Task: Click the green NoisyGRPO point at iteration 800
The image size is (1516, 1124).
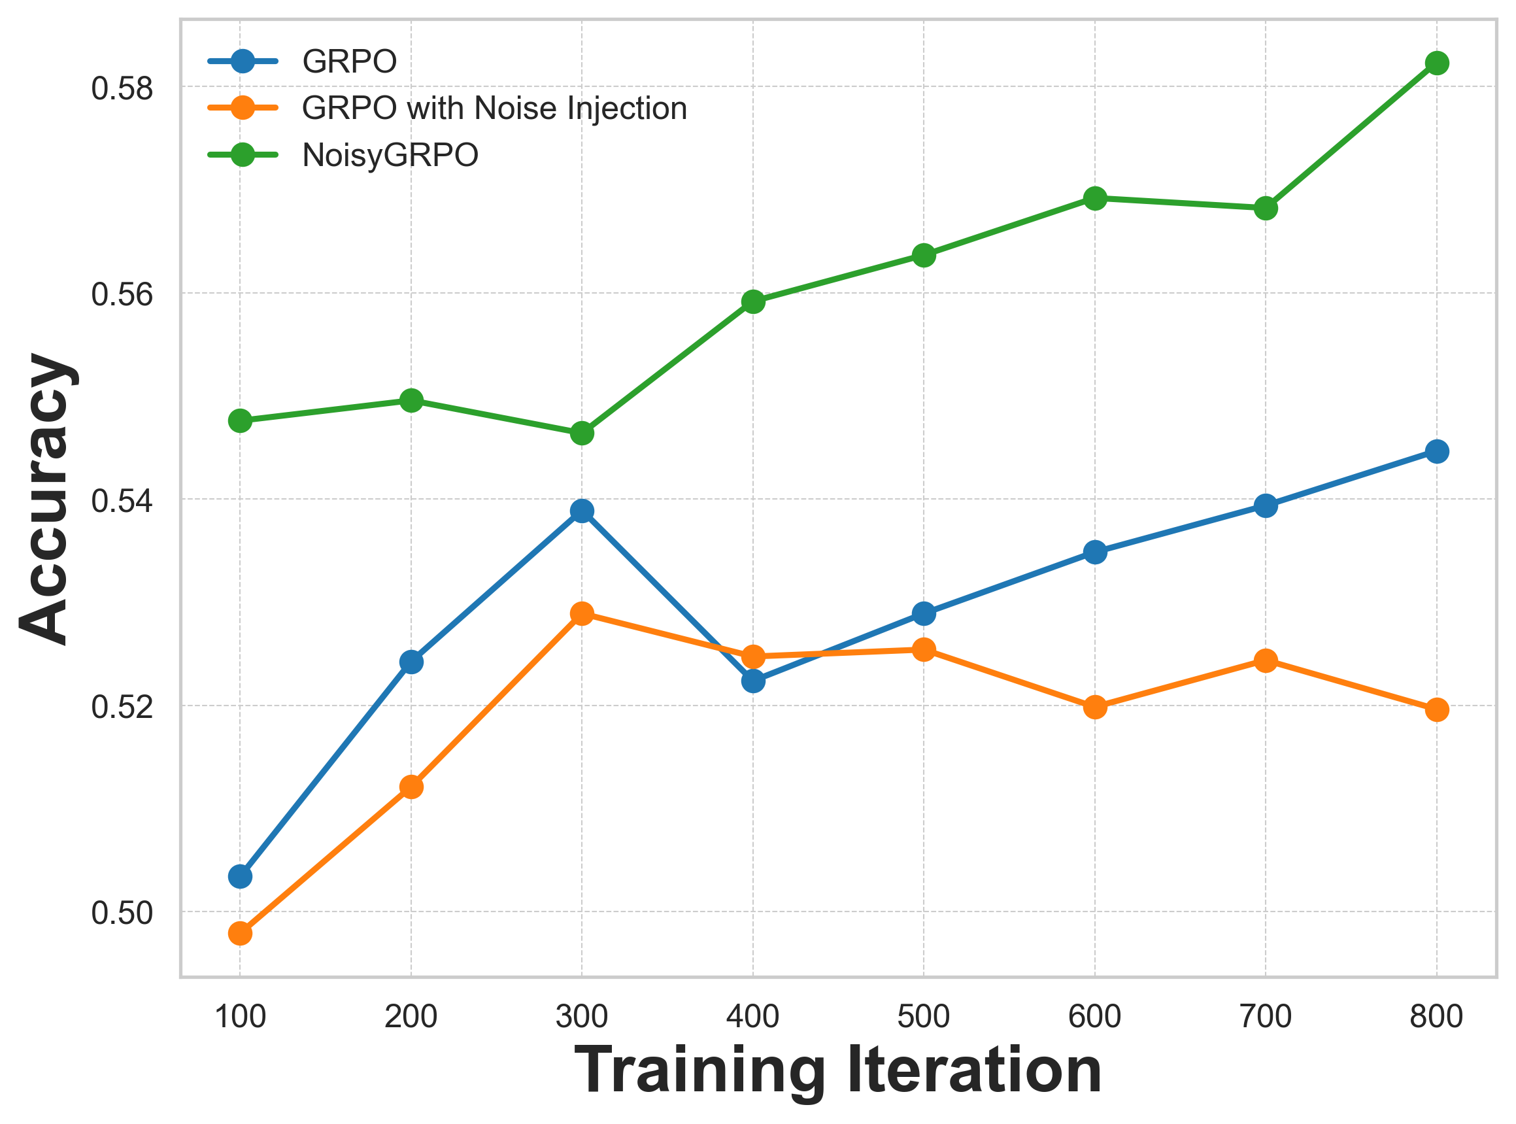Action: [1436, 63]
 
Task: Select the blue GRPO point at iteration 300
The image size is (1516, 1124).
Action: [582, 511]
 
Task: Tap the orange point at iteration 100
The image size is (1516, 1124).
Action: [240, 933]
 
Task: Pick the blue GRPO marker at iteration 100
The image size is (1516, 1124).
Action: [240, 876]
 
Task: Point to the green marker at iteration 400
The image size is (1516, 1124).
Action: [753, 301]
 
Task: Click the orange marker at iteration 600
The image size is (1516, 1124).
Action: [1094, 707]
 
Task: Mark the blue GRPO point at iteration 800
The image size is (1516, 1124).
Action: [1436, 451]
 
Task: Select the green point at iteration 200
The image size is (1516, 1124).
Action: [411, 400]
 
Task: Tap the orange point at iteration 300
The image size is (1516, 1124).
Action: [582, 614]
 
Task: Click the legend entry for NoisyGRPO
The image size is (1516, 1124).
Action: [390, 155]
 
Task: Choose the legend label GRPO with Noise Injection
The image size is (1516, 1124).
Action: [494, 108]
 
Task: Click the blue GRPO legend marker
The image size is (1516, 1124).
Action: [242, 61]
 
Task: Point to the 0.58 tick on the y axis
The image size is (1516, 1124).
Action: [122, 88]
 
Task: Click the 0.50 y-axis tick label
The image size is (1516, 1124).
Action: [122, 912]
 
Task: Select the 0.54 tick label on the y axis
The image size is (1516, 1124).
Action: [122, 501]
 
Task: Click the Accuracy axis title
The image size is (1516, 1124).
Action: [46, 498]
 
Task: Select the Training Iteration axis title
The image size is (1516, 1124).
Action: [838, 1071]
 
